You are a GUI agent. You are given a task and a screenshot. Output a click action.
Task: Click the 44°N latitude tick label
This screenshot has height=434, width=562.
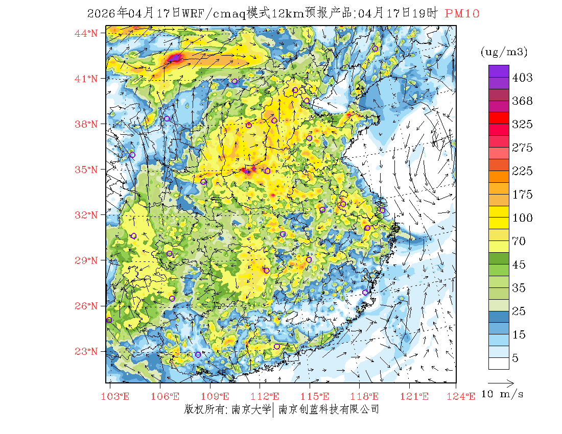[x=86, y=33]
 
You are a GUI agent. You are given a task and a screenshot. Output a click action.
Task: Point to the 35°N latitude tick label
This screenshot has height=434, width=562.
[x=86, y=170]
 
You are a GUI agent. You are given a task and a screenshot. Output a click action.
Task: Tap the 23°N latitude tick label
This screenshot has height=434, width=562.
[x=86, y=351]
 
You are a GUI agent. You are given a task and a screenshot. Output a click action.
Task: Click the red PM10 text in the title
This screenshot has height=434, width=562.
[x=462, y=14]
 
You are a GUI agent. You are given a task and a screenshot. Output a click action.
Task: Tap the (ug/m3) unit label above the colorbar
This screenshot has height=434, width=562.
[x=504, y=52]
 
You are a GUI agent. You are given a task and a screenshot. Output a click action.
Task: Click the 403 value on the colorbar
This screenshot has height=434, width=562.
[x=522, y=78]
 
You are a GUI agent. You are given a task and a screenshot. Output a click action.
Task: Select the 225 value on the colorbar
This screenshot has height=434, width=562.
[x=522, y=171]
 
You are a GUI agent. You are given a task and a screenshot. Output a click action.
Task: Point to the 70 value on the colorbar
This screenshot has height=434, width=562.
[x=519, y=241]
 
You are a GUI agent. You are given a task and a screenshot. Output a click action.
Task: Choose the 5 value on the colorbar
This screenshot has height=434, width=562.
[x=516, y=358]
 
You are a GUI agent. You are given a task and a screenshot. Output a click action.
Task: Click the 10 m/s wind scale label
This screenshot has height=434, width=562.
[x=503, y=395]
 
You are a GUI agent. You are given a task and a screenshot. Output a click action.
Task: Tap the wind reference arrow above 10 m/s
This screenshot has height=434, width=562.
[x=501, y=382]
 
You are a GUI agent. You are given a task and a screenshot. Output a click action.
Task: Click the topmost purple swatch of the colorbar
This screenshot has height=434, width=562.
[x=499, y=71]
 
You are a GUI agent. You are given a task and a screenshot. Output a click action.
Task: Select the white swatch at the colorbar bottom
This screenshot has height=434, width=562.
[x=499, y=363]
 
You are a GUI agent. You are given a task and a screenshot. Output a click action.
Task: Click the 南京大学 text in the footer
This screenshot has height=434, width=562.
[x=251, y=409]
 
